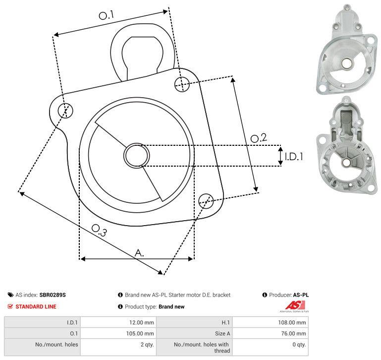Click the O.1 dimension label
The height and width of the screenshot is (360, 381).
coord(107,15)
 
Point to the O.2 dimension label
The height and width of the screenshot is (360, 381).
coord(259,138)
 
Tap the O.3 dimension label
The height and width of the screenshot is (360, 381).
coord(99,230)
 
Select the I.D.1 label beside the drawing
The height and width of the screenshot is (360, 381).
coord(294,157)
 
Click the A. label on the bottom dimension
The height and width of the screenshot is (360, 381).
coord(139,253)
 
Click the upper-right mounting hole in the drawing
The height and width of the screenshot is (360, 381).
coord(182,84)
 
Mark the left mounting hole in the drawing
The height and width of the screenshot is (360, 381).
coord(65,111)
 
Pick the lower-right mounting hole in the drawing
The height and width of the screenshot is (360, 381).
coord(206,201)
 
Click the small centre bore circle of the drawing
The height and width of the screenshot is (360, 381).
coord(137,156)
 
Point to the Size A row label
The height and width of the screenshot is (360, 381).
coord(222,334)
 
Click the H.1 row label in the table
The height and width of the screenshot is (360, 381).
coord(226,322)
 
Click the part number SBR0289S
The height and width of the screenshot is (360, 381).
coord(53,295)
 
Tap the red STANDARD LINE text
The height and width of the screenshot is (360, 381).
coord(36,306)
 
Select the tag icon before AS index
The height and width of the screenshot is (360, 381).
coord(10,295)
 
